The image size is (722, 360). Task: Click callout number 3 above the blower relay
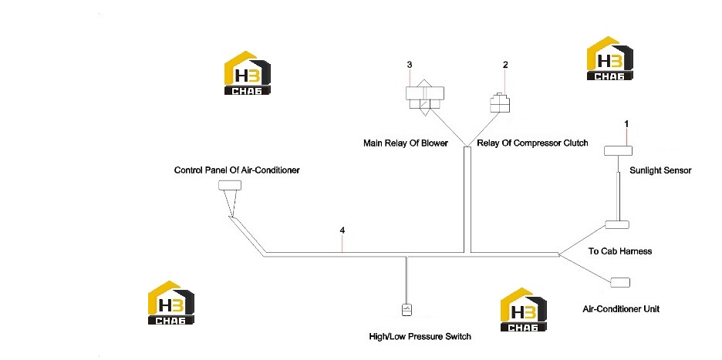[x=410, y=65]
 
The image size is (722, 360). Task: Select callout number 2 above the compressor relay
[x=505, y=65]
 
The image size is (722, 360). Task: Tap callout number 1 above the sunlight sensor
[x=626, y=124]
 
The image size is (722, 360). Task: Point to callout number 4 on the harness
[x=342, y=230]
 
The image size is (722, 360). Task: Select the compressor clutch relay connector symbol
[x=499, y=103]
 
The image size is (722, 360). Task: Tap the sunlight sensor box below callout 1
[x=618, y=150]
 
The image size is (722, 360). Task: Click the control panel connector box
[x=230, y=185]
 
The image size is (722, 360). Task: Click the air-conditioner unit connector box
[x=619, y=282]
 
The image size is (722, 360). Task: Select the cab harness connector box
[x=617, y=224]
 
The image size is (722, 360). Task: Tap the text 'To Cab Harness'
[x=620, y=251]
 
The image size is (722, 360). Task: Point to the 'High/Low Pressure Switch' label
[x=420, y=337]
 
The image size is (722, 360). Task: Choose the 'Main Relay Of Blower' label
[x=406, y=143]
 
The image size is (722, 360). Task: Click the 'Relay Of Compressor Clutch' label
[x=532, y=143]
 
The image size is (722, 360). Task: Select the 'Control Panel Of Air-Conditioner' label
[x=237, y=170]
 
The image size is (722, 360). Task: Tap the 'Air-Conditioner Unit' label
[x=621, y=309]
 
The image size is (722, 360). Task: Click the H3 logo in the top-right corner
[x=609, y=59]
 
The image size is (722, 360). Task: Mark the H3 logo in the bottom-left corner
[x=170, y=302]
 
